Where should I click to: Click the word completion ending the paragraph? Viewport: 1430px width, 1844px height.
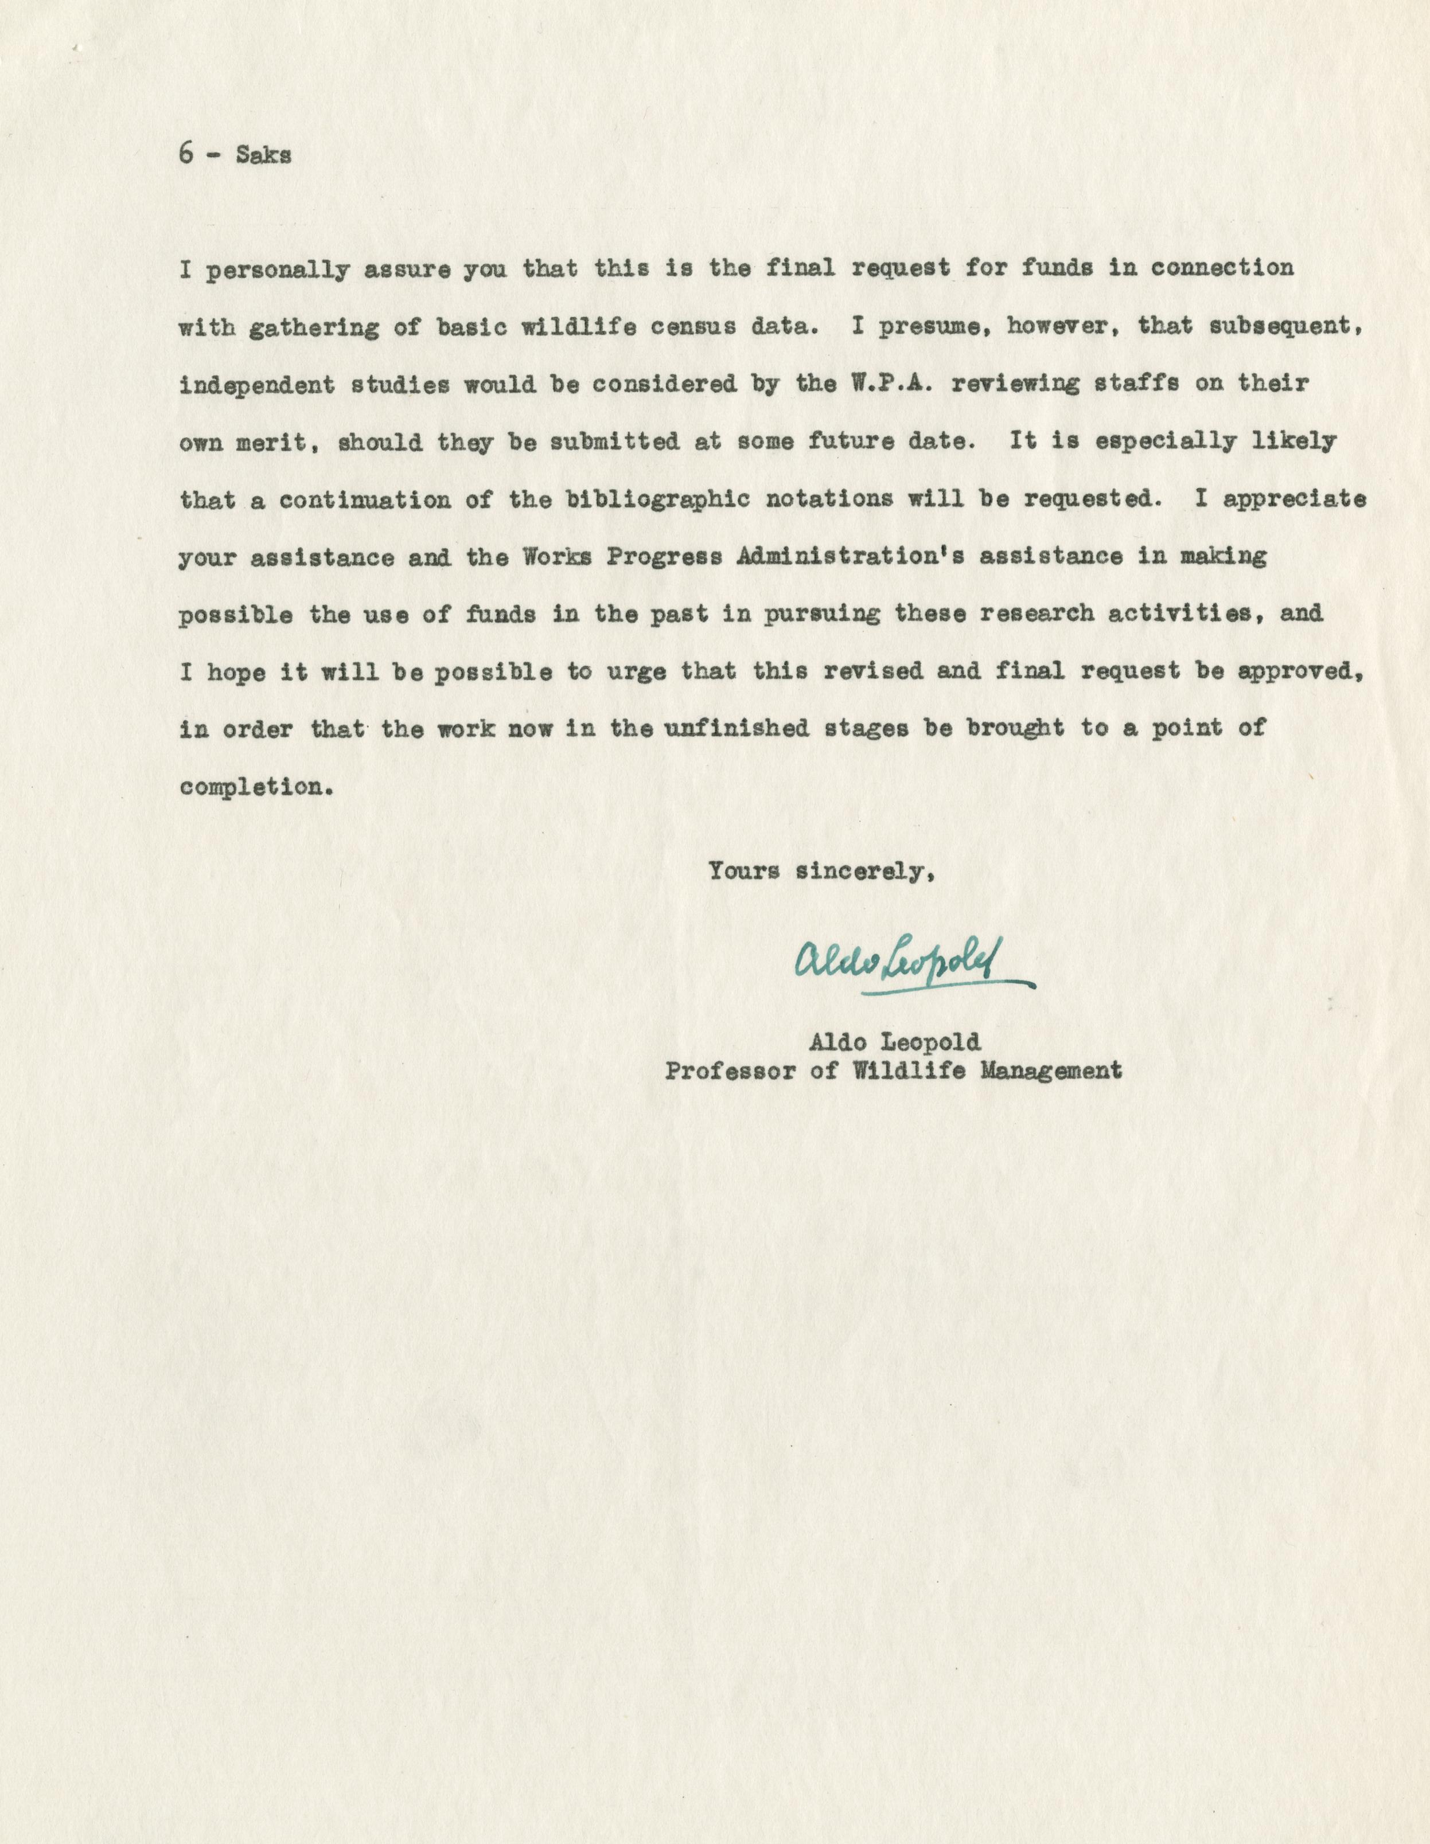(250, 787)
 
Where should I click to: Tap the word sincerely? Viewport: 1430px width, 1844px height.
(865, 870)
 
